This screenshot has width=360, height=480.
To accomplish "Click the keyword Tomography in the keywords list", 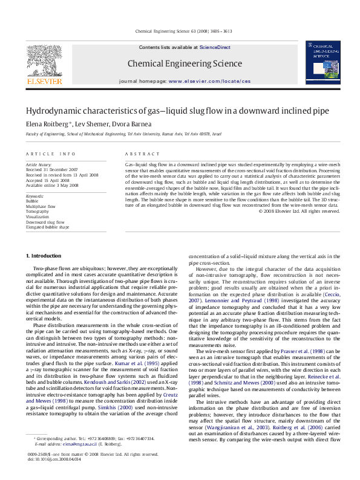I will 37,212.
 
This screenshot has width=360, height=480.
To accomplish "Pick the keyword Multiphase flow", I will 40,206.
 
